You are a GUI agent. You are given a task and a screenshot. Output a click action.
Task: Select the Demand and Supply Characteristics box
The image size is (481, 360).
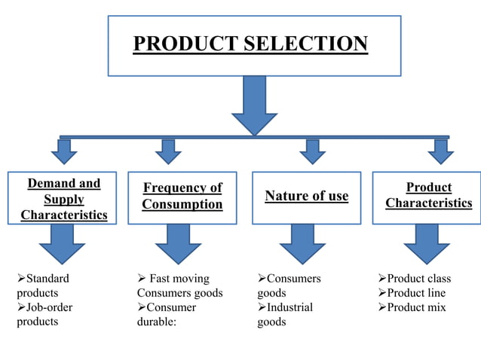click(x=64, y=199)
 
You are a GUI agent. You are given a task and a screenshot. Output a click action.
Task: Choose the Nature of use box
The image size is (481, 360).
click(x=307, y=196)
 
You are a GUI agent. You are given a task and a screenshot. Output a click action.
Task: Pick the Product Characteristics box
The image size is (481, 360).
click(x=428, y=196)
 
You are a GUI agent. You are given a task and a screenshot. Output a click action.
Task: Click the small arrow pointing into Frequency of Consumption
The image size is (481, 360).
click(x=169, y=152)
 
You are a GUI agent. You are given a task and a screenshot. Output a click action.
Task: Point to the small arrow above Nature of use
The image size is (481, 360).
click(x=312, y=152)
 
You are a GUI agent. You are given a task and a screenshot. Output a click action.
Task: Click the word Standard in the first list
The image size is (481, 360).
click(x=47, y=279)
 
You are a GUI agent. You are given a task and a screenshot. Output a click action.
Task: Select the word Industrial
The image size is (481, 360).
click(x=290, y=307)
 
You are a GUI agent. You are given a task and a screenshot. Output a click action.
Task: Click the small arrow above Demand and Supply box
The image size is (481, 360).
click(x=65, y=152)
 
